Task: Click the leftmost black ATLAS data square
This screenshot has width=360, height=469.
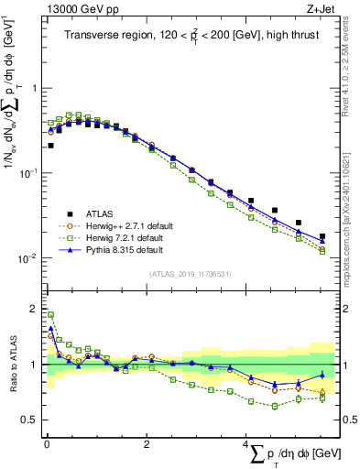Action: click(x=50, y=145)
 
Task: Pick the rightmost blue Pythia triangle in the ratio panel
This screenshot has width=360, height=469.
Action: click(x=322, y=375)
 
